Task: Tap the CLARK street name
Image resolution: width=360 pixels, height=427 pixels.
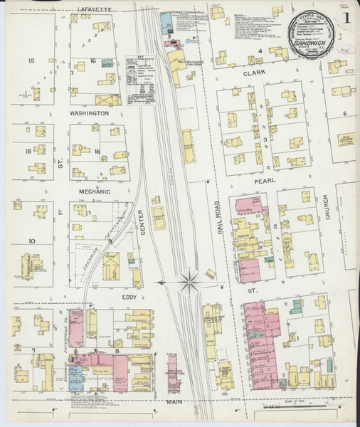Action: pos(254,73)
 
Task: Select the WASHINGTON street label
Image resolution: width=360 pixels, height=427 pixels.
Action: pos(88,113)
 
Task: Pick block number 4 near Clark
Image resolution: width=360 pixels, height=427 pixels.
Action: pos(260,51)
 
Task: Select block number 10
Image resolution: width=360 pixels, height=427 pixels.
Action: pos(31,241)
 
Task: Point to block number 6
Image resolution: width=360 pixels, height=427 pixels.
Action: pos(344,113)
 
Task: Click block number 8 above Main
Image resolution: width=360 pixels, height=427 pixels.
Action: pos(116,351)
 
